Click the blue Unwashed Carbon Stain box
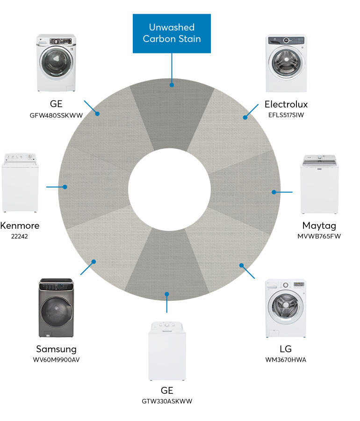coord(172,33)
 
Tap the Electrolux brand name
coord(286,104)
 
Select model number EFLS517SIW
coord(286,114)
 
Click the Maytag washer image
coord(320,184)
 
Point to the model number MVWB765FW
coord(319,236)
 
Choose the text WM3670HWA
coord(286,360)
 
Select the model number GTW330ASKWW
coord(167,401)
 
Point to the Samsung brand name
coord(57,349)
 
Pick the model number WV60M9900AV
coord(57,360)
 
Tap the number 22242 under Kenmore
coord(20,236)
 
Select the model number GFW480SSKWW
coord(57,114)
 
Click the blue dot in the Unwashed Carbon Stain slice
coord(172,85)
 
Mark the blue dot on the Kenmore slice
coord(65,187)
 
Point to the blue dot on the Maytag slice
coord(274,192)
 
